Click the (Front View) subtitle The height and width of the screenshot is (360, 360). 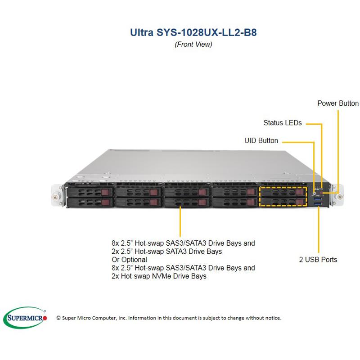[x=193, y=44]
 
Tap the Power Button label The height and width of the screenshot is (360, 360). [x=338, y=103]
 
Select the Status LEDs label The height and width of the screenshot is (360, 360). [x=282, y=122]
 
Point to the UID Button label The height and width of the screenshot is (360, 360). [x=261, y=140]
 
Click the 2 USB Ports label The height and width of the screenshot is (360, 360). [x=318, y=260]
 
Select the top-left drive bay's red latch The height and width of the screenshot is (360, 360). [x=105, y=193]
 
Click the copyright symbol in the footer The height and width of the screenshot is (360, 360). [x=58, y=318]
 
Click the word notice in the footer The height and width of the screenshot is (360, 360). [x=272, y=318]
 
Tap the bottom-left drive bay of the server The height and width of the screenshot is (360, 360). [x=88, y=202]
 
